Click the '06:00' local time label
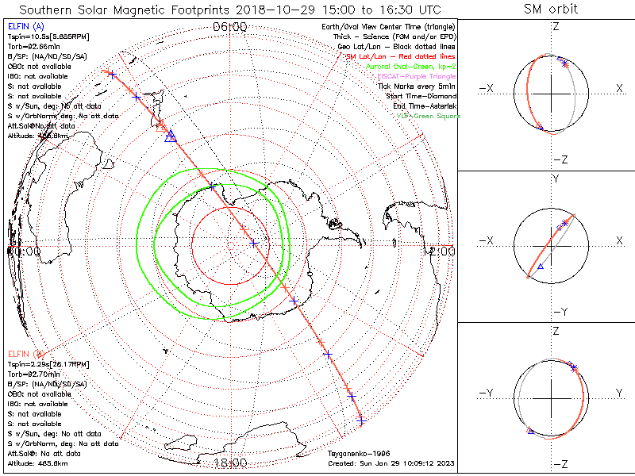pyautogui.click(x=230, y=27)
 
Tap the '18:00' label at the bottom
pyautogui.click(x=230, y=463)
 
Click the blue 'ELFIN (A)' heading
pyautogui.click(x=25, y=27)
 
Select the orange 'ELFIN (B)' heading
pyautogui.click(x=26, y=354)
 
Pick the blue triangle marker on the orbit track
pyautogui.click(x=169, y=137)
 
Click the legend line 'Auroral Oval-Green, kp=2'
pyautogui.click(x=410, y=67)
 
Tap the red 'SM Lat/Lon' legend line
pyautogui.click(x=402, y=56)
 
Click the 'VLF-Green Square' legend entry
pyautogui.click(x=429, y=117)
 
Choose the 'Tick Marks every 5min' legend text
pyautogui.click(x=417, y=86)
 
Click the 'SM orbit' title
pyautogui.click(x=551, y=10)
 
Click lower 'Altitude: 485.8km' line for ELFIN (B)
pyautogui.click(x=37, y=463)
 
